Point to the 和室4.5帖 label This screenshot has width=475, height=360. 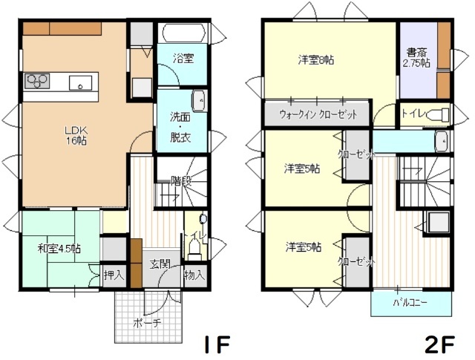tap(59, 248)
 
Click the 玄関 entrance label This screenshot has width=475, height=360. tap(160, 264)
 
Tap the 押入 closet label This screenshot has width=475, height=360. tap(113, 275)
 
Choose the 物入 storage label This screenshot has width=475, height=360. tap(194, 275)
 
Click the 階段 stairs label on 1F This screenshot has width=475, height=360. tap(181, 180)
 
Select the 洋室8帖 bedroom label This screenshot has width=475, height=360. tap(316, 59)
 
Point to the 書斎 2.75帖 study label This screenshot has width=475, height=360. tap(415, 58)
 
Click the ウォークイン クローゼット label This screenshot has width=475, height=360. tap(318, 115)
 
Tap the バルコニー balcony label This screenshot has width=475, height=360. tap(410, 303)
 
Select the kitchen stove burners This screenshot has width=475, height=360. tap(37, 81)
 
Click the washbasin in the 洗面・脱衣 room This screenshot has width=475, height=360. tap(199, 100)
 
